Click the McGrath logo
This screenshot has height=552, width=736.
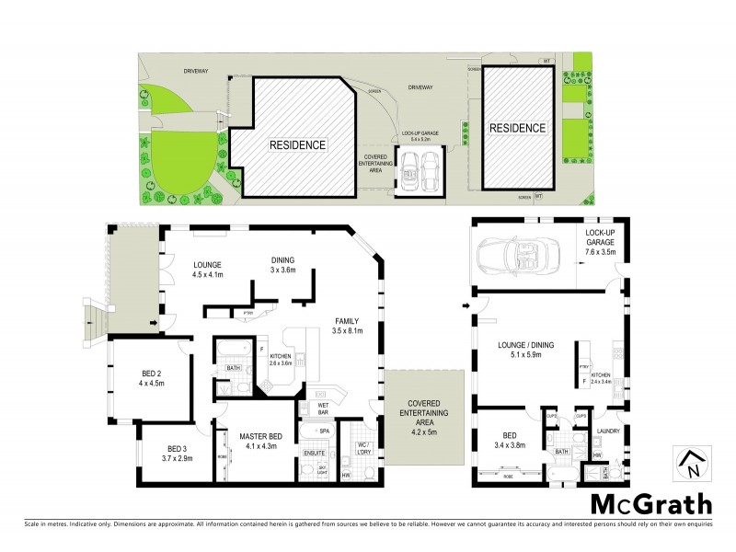pos(650,503)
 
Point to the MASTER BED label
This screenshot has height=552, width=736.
pos(247,442)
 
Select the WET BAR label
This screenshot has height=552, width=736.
pos(324,408)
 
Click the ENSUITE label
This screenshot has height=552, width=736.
pos(314,454)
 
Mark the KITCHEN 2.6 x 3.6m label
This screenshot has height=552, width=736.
pos(280,359)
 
